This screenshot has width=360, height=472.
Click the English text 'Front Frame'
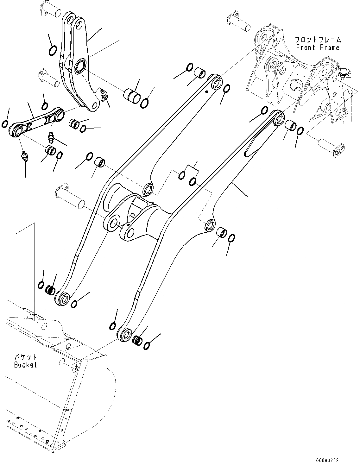coord(318,47)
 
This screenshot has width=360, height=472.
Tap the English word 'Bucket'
coord(25,365)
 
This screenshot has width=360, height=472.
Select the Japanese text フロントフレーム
coord(318,40)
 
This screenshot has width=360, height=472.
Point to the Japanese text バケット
coord(25,357)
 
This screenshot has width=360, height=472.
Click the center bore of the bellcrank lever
coord(79,67)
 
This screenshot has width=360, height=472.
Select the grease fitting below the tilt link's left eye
coord(24,157)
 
